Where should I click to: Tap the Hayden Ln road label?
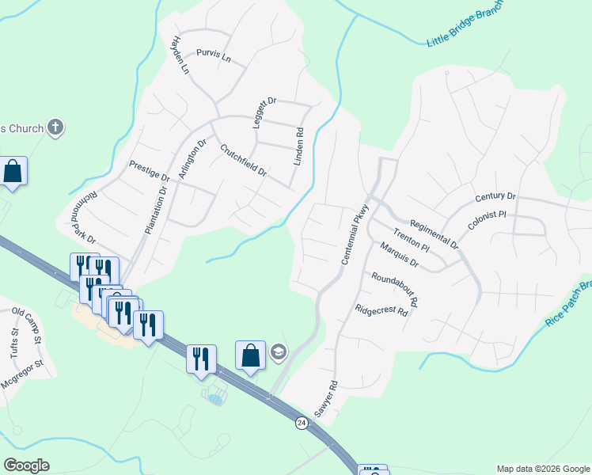181,55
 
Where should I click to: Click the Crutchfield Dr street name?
243,160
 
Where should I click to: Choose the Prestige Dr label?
150,169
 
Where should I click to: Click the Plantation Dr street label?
157,209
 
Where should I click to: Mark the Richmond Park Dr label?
82,218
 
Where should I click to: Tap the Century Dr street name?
495,196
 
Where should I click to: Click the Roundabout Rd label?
394,288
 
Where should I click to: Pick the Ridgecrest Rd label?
381,311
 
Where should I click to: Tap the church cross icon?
55,127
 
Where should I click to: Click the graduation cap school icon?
279,352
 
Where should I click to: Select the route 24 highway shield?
301,423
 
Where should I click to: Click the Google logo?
26,465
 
